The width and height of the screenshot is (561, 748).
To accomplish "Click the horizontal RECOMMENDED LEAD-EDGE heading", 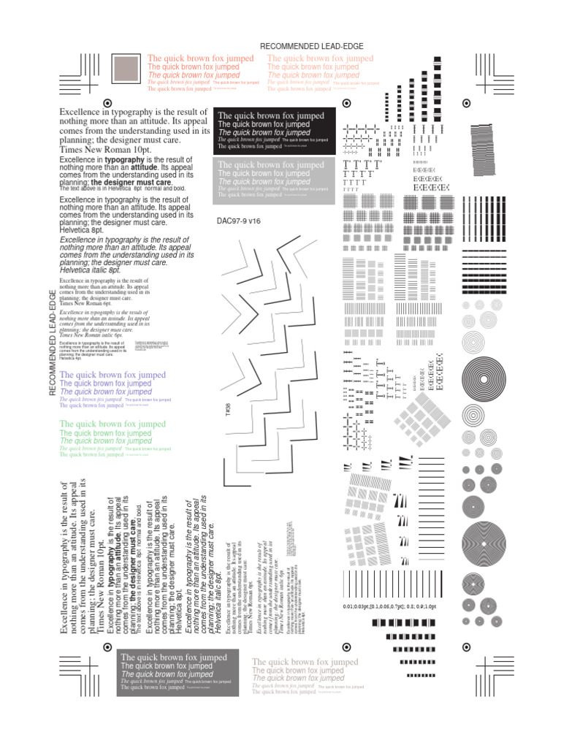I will [312, 47].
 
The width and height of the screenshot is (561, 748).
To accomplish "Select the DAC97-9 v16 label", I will [243, 221].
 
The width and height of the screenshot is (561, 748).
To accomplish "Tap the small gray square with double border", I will [129, 69].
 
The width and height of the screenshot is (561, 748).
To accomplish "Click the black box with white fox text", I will [275, 131].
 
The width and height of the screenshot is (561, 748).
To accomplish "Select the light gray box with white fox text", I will [275, 179].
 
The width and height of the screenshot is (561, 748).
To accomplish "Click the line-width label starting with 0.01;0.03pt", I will [389, 606].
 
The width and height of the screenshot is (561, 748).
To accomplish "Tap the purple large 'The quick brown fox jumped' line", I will [112, 375].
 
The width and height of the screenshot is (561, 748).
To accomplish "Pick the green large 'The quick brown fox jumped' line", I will [112, 424].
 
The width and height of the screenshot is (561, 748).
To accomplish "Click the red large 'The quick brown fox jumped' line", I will [194, 58].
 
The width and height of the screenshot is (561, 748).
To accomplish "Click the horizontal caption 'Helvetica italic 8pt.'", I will [90, 270].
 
